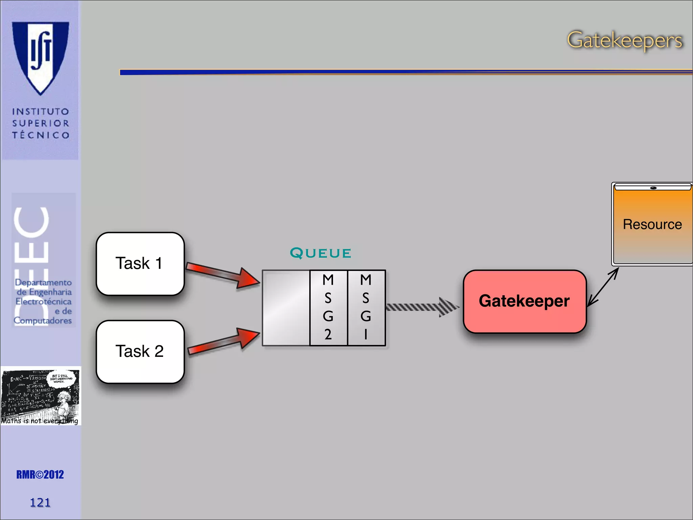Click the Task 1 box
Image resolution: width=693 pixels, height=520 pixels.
click(140, 264)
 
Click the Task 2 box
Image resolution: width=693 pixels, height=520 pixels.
click(140, 351)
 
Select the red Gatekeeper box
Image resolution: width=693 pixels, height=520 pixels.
click(524, 301)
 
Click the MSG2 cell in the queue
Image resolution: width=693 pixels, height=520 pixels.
click(328, 307)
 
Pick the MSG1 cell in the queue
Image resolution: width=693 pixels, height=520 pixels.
click(366, 307)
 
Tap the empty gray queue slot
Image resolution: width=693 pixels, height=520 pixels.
click(286, 307)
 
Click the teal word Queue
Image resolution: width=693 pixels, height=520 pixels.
click(320, 253)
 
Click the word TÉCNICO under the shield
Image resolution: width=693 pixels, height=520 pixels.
click(41, 135)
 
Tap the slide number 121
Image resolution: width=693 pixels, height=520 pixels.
click(40, 502)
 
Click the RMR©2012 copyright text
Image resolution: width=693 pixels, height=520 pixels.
click(40, 475)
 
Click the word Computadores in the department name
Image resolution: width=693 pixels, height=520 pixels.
click(43, 320)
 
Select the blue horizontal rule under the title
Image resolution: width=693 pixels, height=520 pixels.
click(406, 72)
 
